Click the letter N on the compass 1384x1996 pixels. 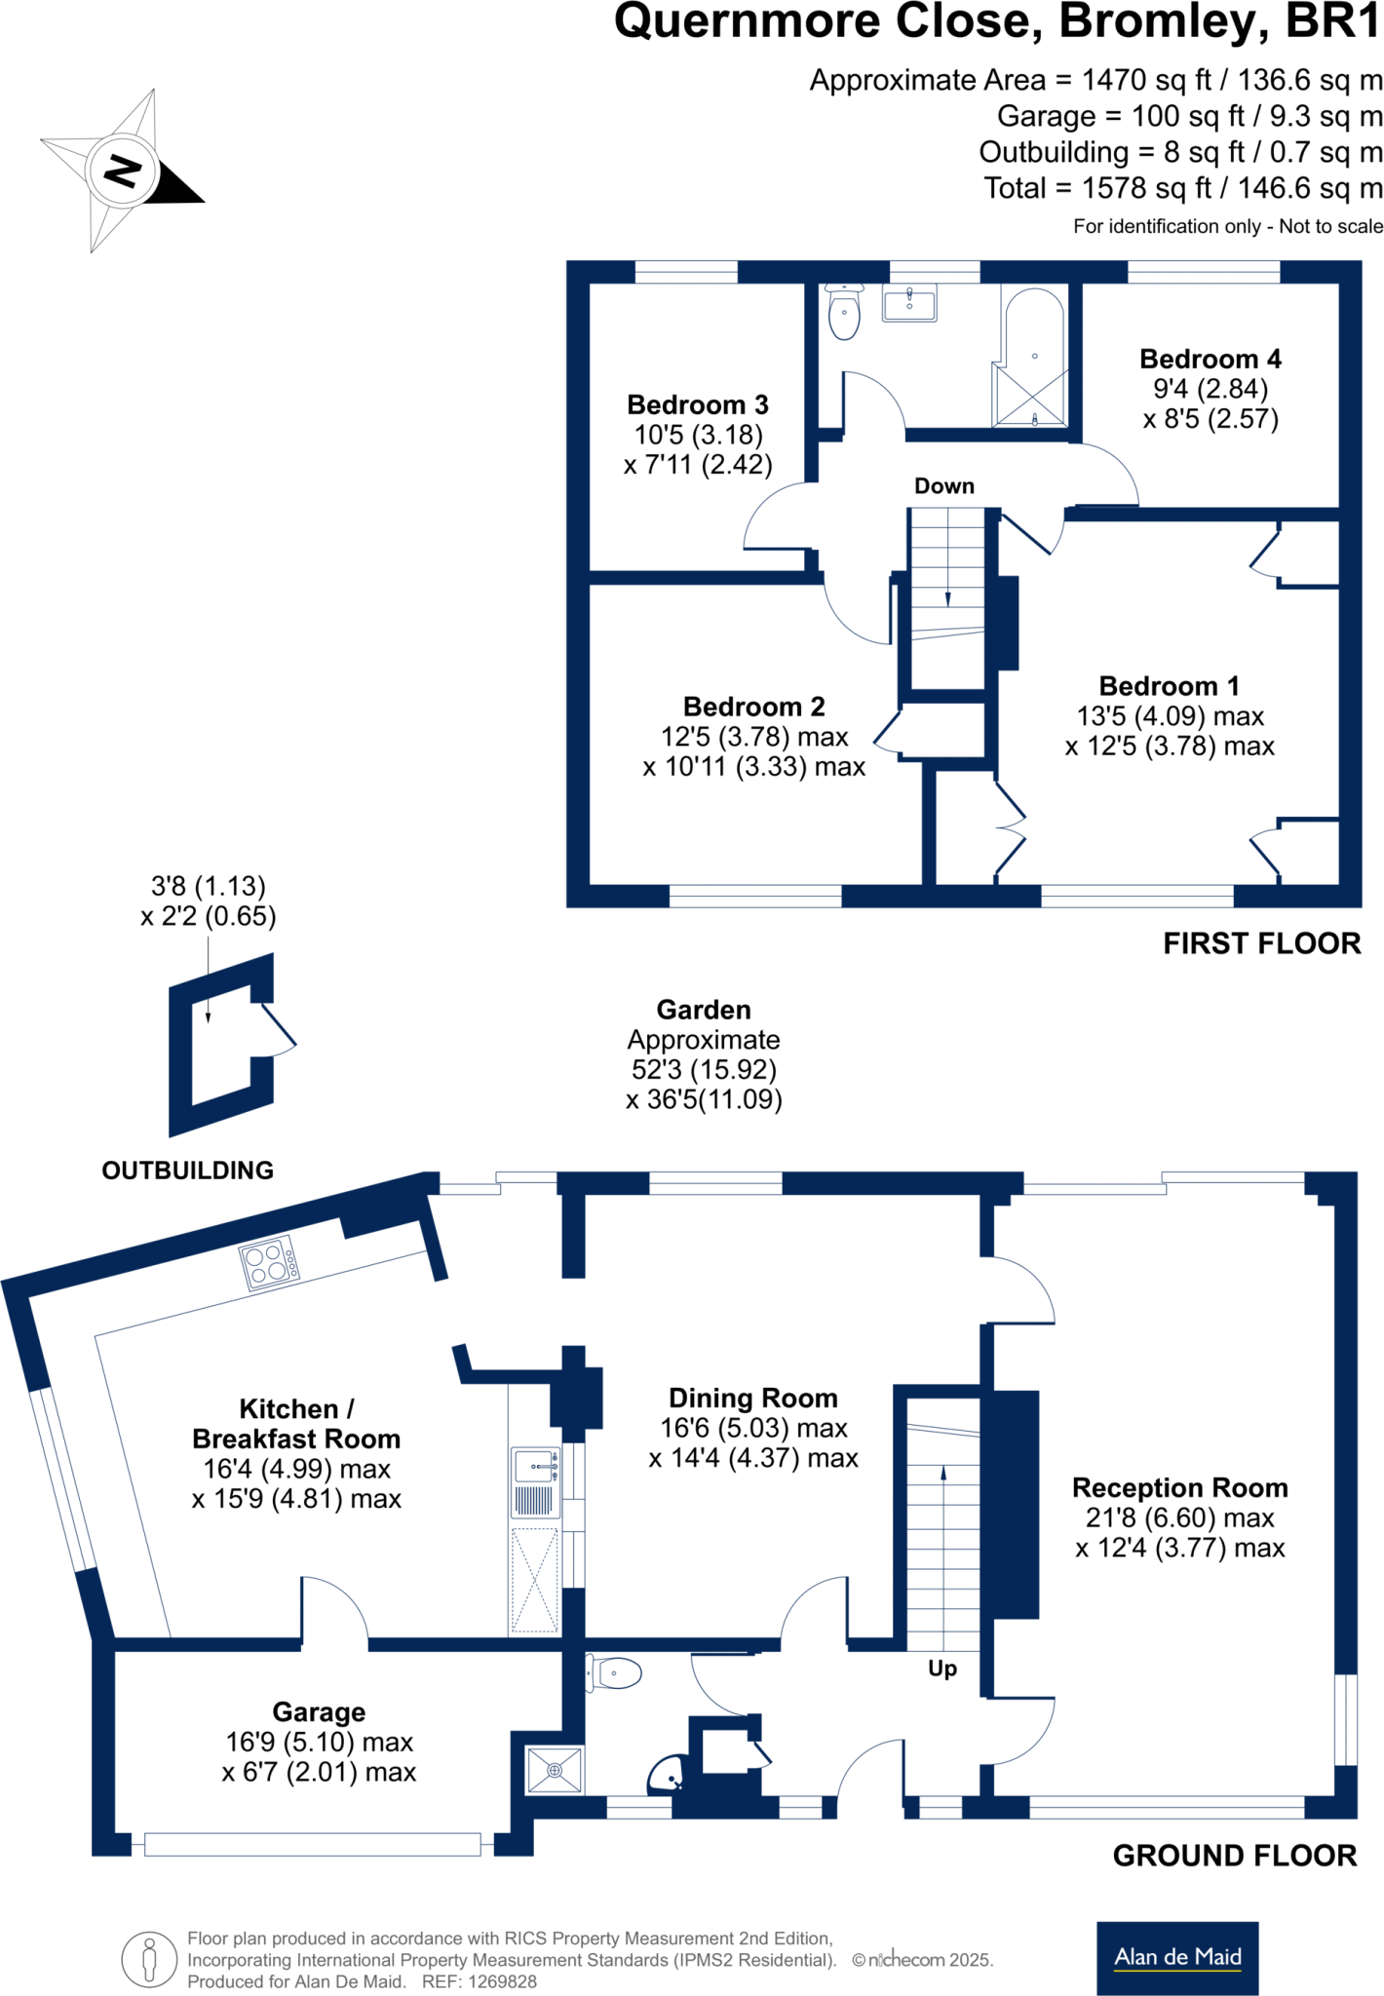[x=121, y=171]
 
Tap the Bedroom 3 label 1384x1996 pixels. [x=698, y=404]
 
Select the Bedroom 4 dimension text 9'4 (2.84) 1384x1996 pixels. [x=1211, y=389]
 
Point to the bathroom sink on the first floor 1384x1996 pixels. [x=909, y=303]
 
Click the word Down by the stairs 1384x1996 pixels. [x=943, y=486]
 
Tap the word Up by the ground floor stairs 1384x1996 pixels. [x=942, y=1669]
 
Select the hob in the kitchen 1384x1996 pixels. [x=269, y=1264]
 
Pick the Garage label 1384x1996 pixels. [x=319, y=1711]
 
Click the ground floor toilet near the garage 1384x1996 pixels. [x=614, y=1674]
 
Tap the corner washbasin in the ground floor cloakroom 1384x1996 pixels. [x=669, y=1776]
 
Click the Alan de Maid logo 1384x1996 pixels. [x=1177, y=1957]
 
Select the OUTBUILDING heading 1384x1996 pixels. [x=188, y=1171]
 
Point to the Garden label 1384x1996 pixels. [x=703, y=1010]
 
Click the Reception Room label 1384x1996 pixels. [x=1179, y=1487]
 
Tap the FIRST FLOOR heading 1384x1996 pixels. [x=1261, y=943]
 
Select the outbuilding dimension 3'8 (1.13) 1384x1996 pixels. [x=209, y=886]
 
